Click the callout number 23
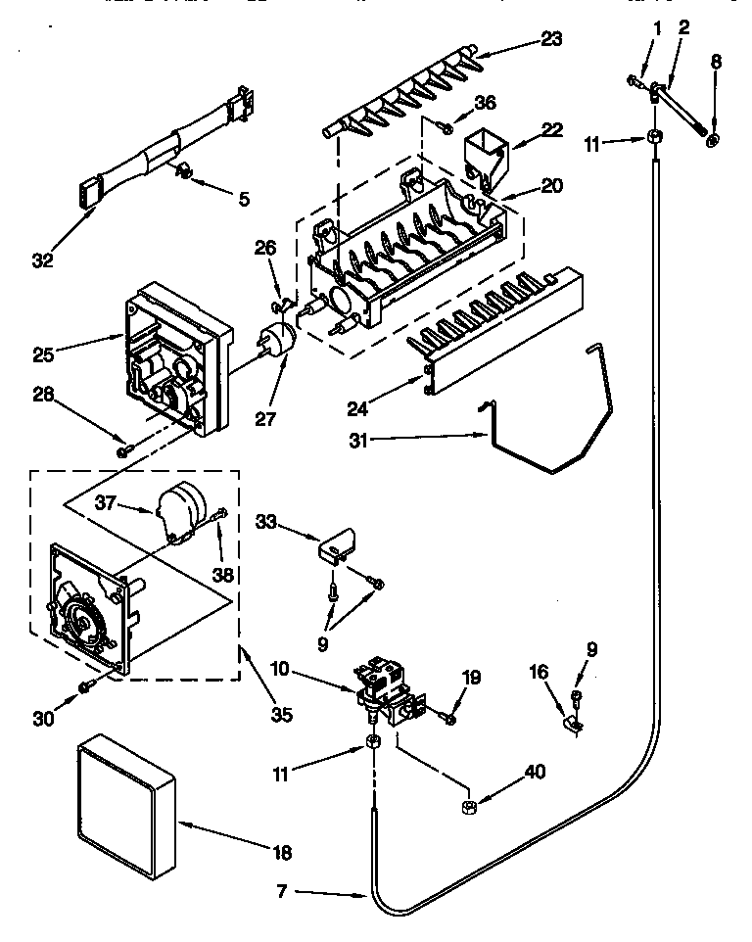pos(551,40)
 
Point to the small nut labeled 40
pos(468,806)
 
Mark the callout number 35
pos(282,715)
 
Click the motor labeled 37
pos(181,510)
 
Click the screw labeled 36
pos(446,127)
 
